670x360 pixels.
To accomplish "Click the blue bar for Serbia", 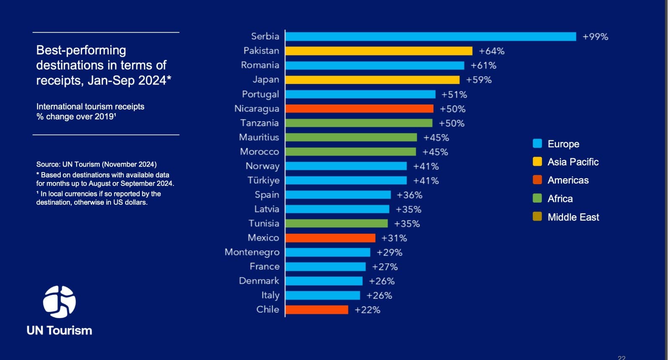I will click(x=430, y=36).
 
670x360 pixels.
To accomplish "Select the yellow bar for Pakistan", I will click(x=379, y=51).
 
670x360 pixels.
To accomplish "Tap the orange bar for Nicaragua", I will click(x=359, y=109).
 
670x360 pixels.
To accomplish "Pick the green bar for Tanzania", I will click(x=359, y=123).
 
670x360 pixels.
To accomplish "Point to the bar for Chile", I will click(x=317, y=310).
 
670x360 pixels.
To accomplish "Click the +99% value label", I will click(x=595, y=37).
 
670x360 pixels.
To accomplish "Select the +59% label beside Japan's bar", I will click(x=479, y=80).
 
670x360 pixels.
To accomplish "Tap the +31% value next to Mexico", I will click(x=394, y=238).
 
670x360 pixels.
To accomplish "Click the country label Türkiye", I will click(x=263, y=180).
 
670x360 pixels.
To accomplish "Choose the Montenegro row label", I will click(x=252, y=252).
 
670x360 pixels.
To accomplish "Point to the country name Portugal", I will click(x=260, y=94).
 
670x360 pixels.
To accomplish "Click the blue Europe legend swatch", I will click(x=537, y=144).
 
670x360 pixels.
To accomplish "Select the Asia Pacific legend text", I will click(x=573, y=162).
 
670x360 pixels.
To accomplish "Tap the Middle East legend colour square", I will click(x=537, y=216).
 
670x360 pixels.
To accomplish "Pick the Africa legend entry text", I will click(x=560, y=199).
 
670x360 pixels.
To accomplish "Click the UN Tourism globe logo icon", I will click(x=59, y=302).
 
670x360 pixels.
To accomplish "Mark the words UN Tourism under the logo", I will click(x=59, y=331).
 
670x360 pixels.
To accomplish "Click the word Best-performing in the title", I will click(x=81, y=50).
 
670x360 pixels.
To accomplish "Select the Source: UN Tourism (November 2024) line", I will click(x=96, y=165).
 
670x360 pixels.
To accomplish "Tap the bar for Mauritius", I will click(x=351, y=137).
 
